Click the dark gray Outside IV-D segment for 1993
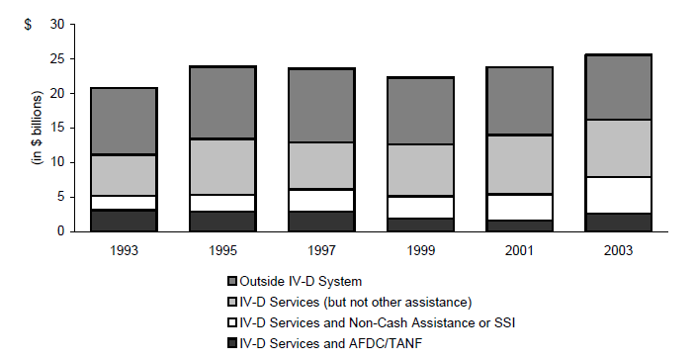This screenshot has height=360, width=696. [125, 121]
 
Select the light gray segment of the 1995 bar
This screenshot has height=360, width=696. [223, 166]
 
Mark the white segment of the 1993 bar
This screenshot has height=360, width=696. [125, 203]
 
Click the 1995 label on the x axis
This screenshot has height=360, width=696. [223, 251]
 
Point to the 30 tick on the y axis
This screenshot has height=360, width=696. [58, 24]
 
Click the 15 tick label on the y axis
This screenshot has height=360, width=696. [58, 128]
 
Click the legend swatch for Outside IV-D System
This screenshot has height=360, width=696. [232, 281]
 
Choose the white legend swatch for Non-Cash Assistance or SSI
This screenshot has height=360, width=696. [232, 322]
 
